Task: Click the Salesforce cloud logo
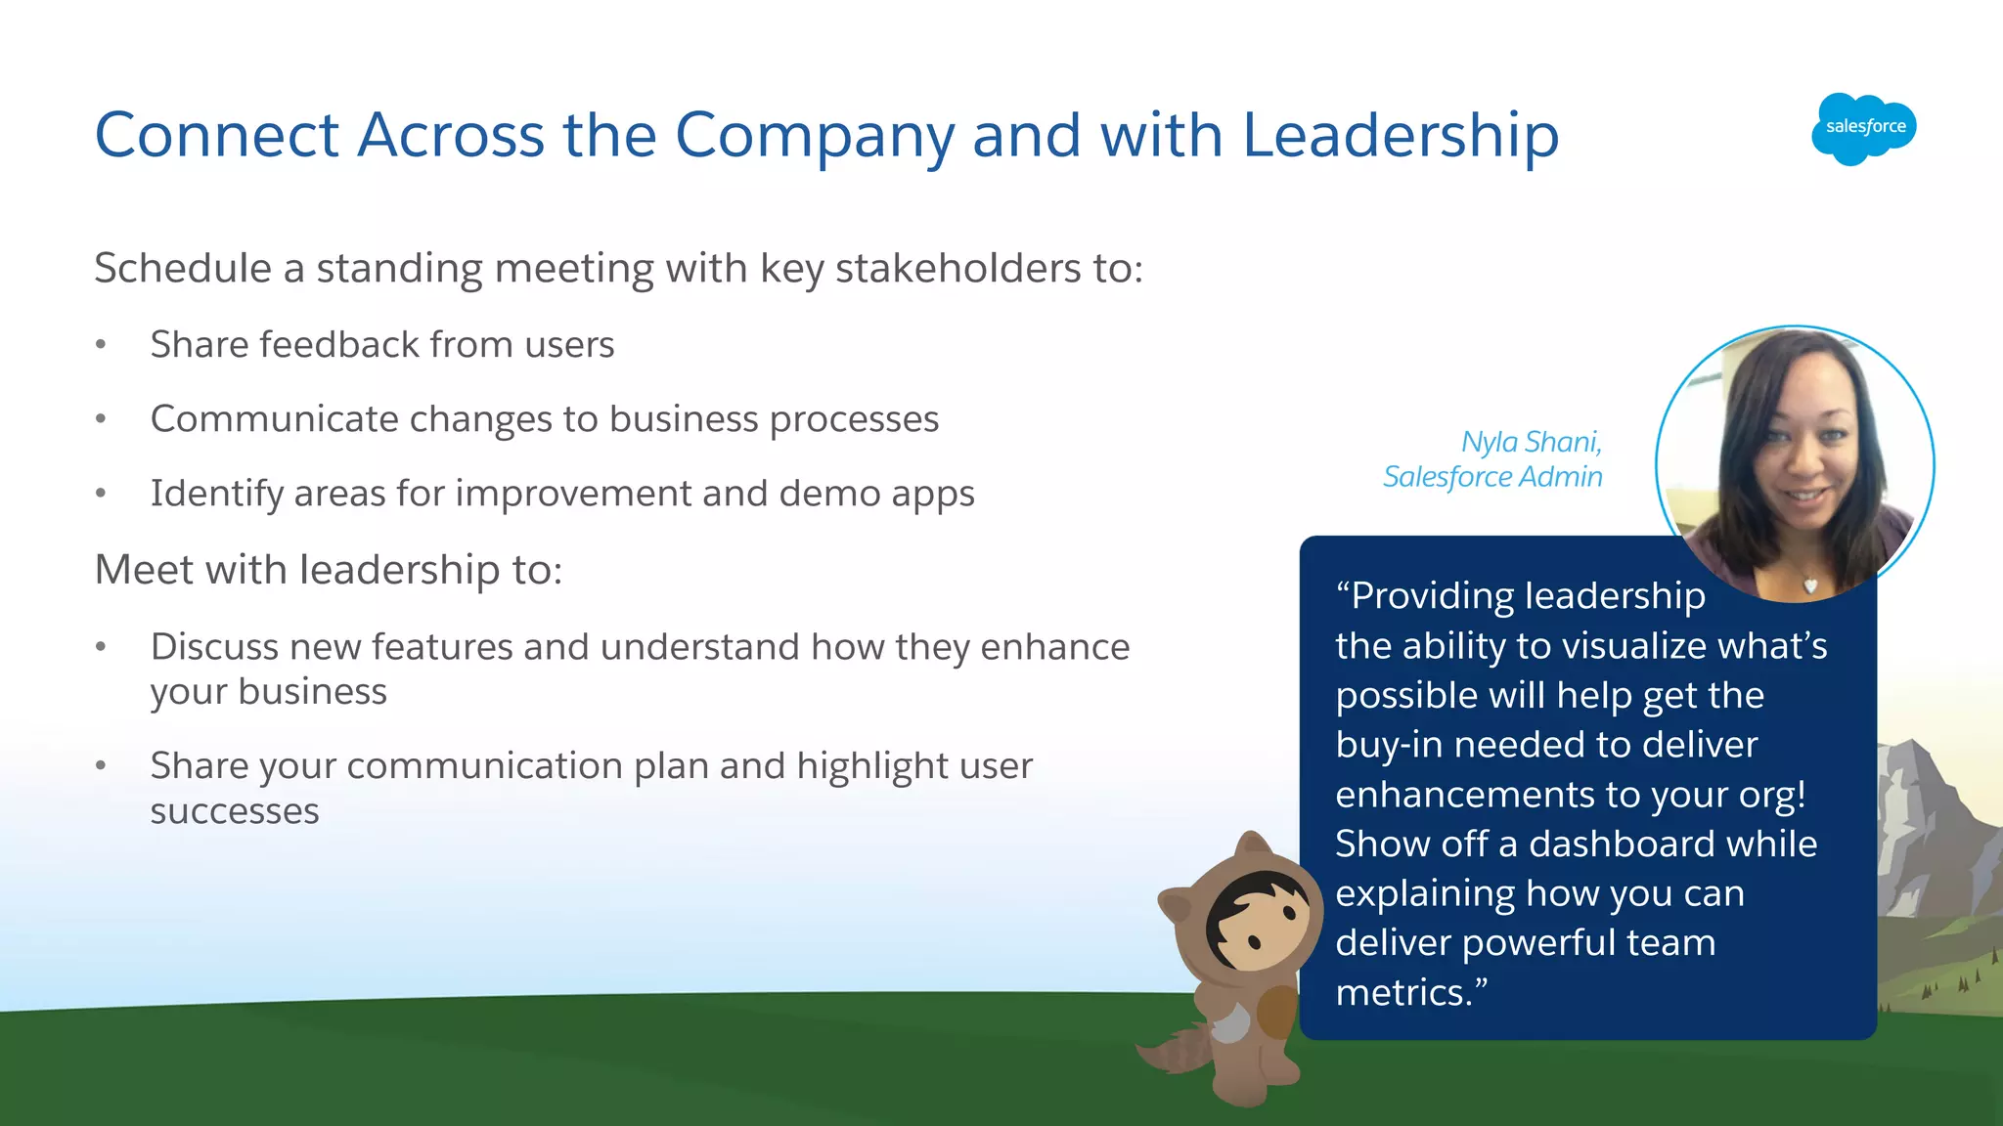tap(1863, 128)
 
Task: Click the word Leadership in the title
tap(1401, 135)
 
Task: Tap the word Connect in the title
tap(216, 135)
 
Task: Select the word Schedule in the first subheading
tap(183, 269)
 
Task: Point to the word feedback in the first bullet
tap(338, 344)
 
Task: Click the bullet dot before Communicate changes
tap(101, 419)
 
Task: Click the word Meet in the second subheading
tap(143, 570)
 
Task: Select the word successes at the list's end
tap(235, 811)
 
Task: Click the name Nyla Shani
tap(1531, 442)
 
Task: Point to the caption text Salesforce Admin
tap(1492, 477)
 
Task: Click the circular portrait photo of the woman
tap(1795, 464)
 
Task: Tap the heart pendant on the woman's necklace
tap(1810, 585)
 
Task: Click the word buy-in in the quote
tap(1389, 746)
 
